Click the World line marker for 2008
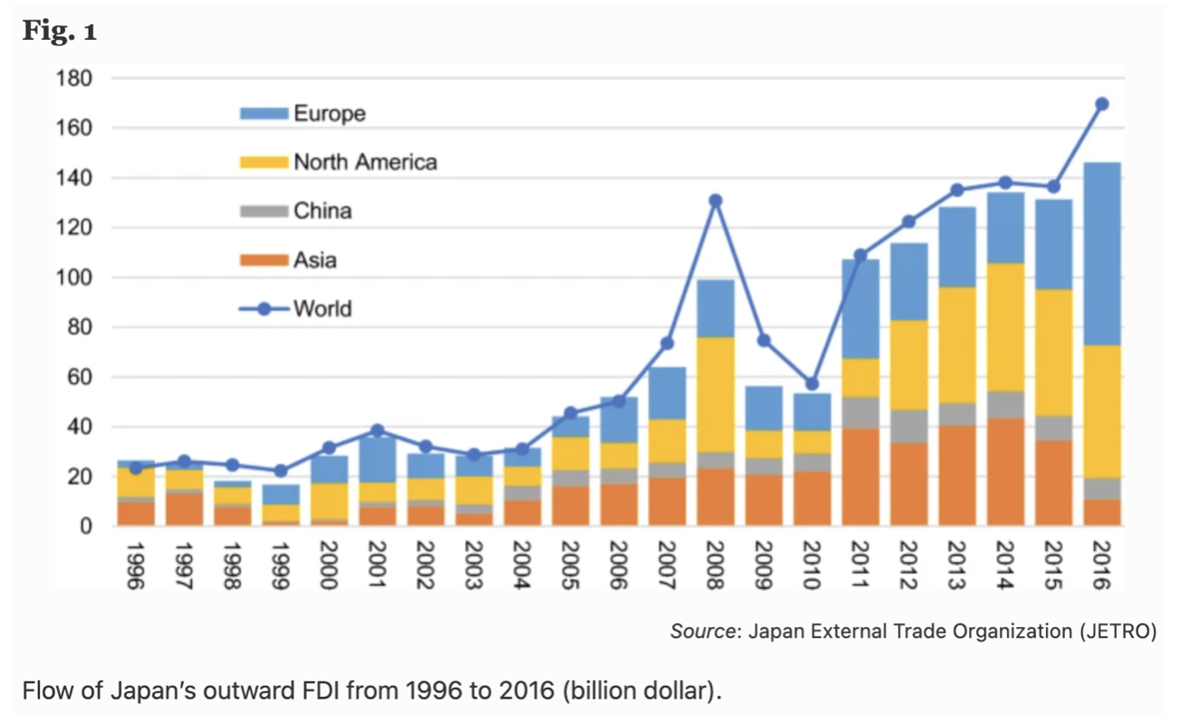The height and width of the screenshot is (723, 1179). click(x=715, y=200)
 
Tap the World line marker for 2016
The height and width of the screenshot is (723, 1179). click(x=1101, y=104)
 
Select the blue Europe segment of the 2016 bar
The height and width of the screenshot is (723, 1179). click(x=1101, y=254)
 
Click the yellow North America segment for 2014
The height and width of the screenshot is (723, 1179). click(x=1005, y=327)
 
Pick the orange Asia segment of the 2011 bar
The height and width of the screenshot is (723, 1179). click(x=860, y=477)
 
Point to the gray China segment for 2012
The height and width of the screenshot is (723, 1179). click(x=908, y=426)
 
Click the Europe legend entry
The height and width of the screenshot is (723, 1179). click(x=329, y=113)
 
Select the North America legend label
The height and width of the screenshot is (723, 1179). click(x=365, y=162)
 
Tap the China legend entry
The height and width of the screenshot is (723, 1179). click(x=321, y=211)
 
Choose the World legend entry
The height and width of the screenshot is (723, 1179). click(x=321, y=309)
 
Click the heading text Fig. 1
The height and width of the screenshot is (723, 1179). click(x=60, y=32)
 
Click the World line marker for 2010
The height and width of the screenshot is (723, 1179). click(x=812, y=383)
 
